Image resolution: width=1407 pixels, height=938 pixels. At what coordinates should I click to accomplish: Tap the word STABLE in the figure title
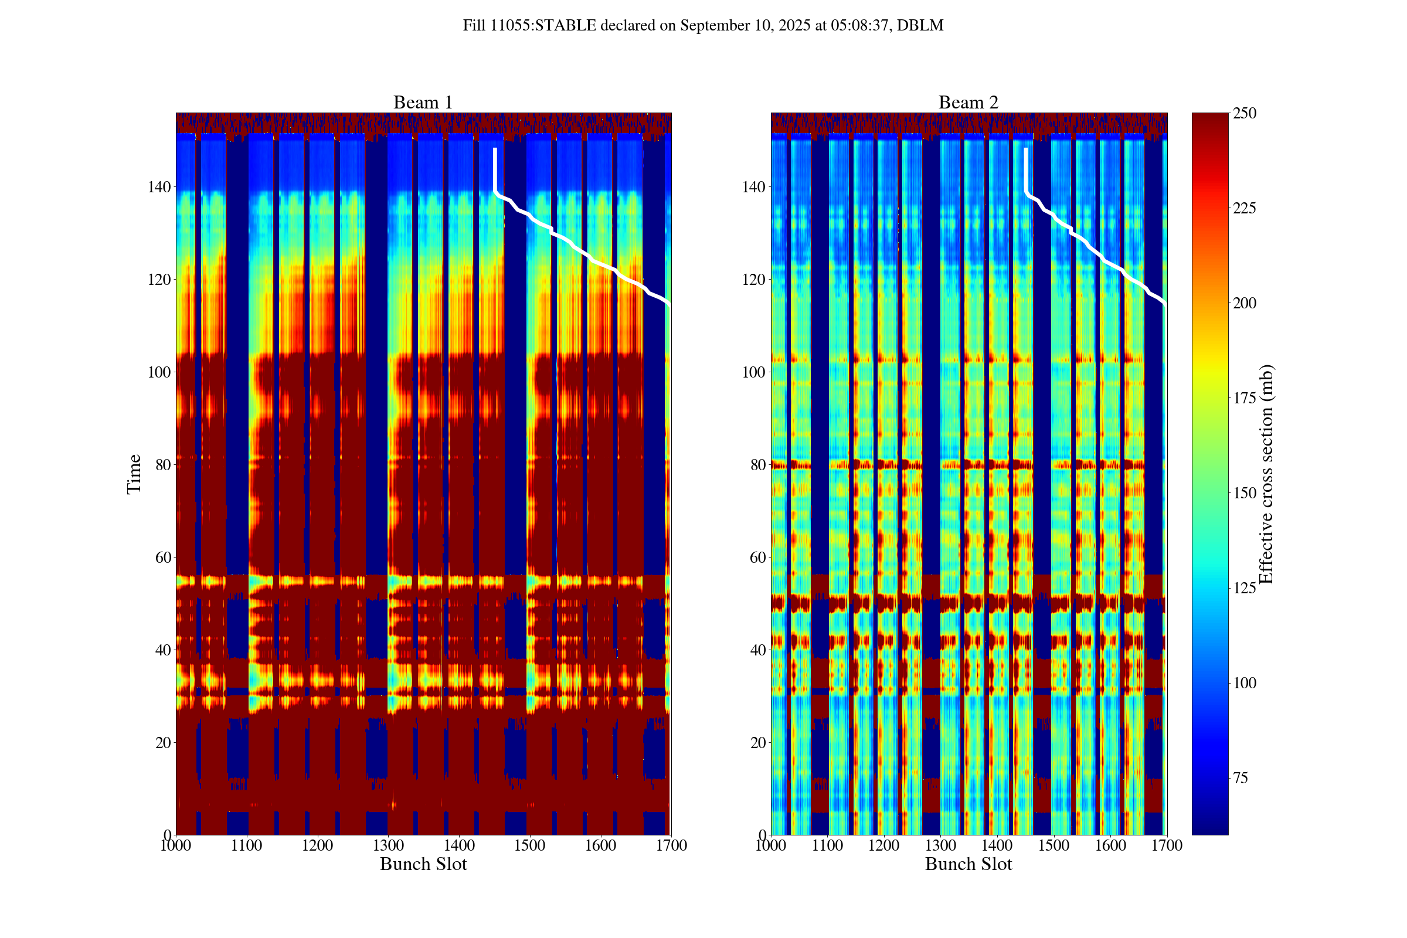click(x=565, y=26)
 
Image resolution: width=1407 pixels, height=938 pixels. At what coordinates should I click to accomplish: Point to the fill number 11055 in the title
click(x=510, y=26)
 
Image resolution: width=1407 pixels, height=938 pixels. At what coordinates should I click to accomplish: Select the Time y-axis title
click(x=134, y=474)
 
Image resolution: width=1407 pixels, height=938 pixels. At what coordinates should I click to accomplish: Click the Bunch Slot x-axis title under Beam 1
click(x=423, y=864)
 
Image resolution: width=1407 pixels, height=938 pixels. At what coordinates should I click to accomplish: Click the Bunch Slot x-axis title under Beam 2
click(x=968, y=864)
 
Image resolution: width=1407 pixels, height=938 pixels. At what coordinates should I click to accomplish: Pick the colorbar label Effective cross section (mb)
click(x=1266, y=474)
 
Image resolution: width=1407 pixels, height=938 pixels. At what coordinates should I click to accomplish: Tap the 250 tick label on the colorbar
click(x=1244, y=113)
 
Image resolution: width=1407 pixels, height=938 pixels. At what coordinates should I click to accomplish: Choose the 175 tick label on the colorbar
click(x=1244, y=398)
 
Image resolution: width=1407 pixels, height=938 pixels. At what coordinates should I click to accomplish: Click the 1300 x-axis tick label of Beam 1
click(x=388, y=845)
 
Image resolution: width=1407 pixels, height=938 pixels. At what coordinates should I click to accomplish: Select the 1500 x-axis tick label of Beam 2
click(x=1053, y=845)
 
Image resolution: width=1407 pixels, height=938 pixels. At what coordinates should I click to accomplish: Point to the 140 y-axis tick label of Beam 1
click(x=159, y=186)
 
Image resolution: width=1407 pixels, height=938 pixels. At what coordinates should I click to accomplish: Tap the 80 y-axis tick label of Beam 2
click(x=758, y=465)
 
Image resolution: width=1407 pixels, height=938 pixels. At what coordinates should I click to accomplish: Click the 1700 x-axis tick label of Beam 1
click(x=671, y=845)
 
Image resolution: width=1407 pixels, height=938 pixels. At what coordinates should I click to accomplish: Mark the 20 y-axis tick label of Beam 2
click(x=758, y=742)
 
